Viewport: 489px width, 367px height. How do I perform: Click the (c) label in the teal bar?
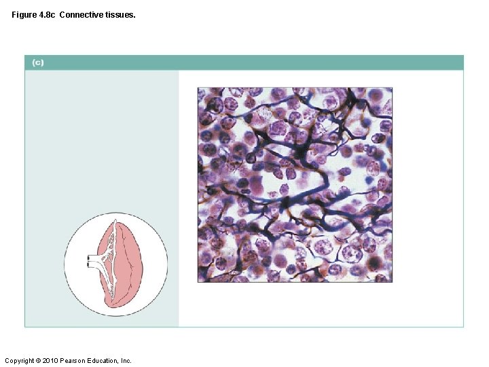37,63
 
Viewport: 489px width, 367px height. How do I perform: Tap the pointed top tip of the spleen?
116,217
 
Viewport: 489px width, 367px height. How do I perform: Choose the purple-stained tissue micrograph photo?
295,184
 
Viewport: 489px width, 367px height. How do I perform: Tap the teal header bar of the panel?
244,63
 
